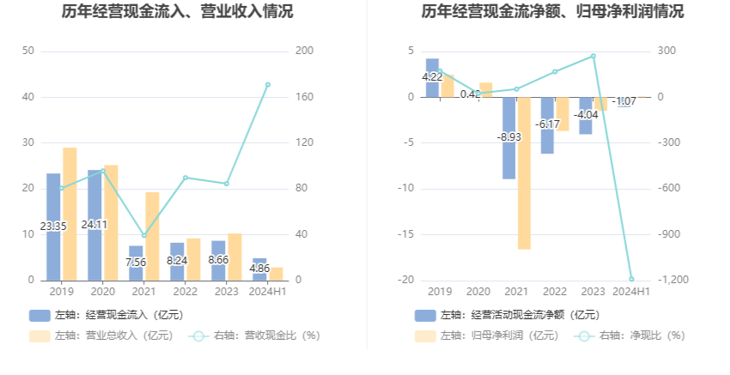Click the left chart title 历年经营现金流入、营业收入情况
(177, 12)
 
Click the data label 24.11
(94, 225)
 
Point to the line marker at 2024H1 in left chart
(267, 85)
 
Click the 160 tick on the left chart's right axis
(303, 97)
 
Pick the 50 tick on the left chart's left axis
(28, 51)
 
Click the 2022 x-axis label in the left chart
(185, 292)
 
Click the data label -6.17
(547, 124)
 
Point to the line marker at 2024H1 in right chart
(631, 279)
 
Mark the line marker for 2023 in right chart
(593, 56)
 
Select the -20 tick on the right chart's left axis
(407, 280)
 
